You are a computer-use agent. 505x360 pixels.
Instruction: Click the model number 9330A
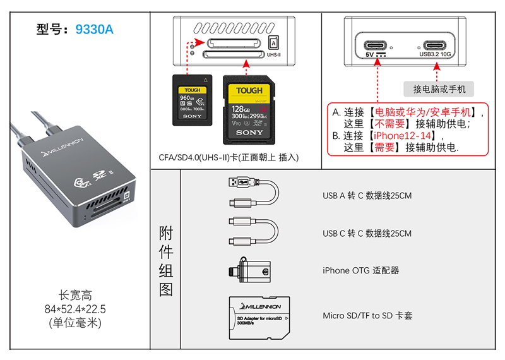coord(94,29)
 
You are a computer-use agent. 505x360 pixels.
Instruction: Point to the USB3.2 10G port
coord(436,45)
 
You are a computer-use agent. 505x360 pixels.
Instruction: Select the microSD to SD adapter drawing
coord(259,315)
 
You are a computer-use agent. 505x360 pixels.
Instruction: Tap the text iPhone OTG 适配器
coord(361,270)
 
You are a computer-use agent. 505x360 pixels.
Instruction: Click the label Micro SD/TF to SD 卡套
coord(367,315)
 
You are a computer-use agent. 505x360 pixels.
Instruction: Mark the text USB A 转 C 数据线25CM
coord(367,196)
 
